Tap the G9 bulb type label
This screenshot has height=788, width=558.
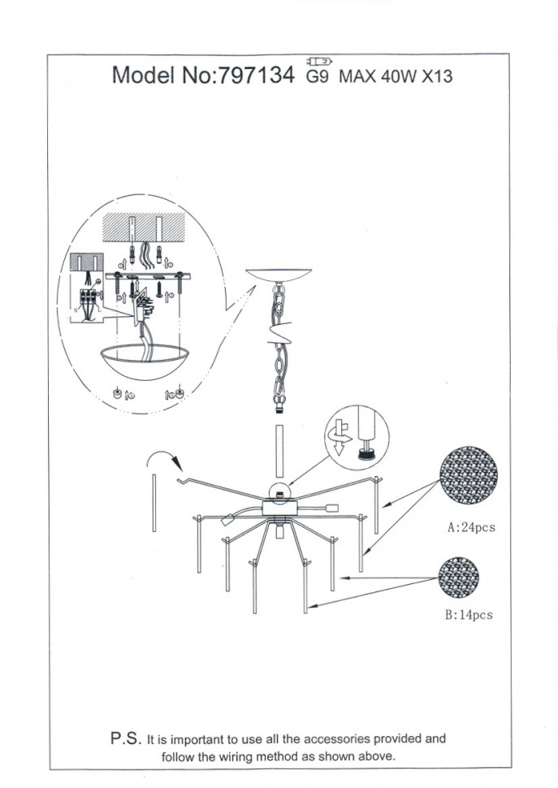pos(318,76)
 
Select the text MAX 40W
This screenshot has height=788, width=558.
pos(378,76)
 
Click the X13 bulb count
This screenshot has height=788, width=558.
pos(437,76)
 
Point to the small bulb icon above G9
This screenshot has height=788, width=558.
pos(319,62)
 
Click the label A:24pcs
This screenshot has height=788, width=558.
pos(471,527)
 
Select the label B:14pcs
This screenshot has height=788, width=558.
pos(469,615)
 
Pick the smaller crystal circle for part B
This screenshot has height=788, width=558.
pos(458,578)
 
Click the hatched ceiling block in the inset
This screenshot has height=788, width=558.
pos(144,227)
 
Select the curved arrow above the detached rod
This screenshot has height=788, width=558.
pos(165,457)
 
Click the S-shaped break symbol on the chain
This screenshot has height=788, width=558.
pos(279,333)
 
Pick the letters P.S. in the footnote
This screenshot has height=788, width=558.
pos(126,738)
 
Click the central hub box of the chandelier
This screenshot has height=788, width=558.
pos(279,507)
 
